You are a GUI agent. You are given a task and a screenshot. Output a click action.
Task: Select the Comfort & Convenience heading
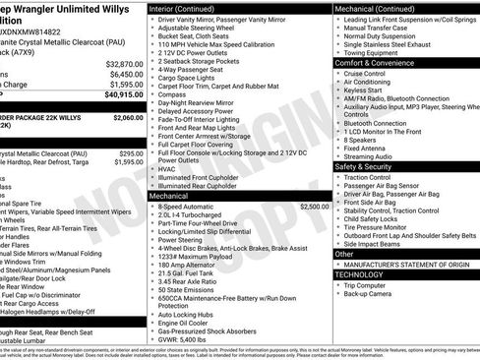[379, 62]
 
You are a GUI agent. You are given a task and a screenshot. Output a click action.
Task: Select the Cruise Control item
[367, 74]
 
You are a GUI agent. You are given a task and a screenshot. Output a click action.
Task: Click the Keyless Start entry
[364, 89]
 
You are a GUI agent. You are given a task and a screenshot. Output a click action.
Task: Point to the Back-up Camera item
[370, 293]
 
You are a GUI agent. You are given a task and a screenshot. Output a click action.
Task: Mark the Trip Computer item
[369, 284]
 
